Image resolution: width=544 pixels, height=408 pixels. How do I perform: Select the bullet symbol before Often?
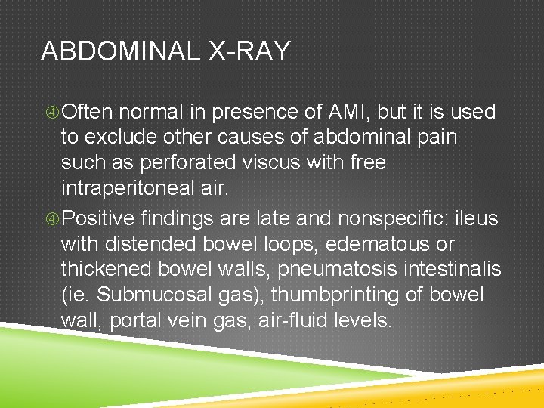(51, 113)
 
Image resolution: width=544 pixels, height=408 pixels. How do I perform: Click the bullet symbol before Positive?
(51, 219)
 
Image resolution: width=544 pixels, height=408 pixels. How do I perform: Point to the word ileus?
(477, 219)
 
